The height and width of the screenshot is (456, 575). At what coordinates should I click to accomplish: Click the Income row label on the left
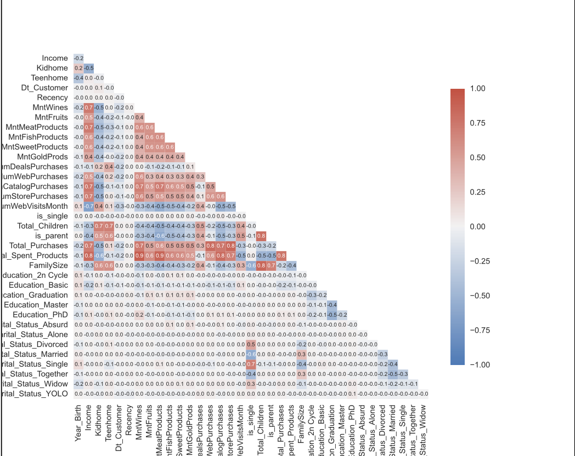55,58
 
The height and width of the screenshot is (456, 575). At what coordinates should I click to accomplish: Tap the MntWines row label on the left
50,107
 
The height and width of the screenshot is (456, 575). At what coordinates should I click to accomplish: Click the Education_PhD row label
41,315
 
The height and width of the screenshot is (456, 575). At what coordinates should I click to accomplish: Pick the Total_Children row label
43,226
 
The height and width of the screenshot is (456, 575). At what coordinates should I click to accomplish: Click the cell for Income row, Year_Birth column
78,58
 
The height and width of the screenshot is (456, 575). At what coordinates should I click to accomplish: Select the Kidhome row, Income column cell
88,68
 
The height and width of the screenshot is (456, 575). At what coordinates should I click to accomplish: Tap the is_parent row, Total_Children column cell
262,236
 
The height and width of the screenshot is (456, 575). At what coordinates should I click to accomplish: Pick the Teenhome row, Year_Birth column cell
78,78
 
